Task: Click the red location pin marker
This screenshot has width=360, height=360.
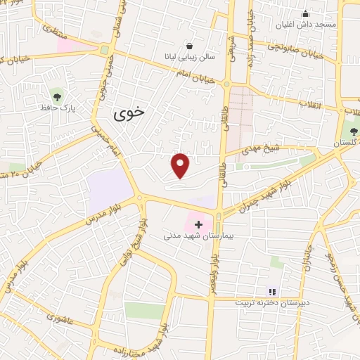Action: (x=181, y=166)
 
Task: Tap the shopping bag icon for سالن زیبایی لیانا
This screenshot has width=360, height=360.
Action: (x=189, y=44)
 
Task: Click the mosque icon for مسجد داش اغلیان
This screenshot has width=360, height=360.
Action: (x=305, y=13)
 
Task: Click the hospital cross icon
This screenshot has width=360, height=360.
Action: (x=198, y=225)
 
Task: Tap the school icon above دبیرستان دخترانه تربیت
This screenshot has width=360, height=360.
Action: (x=272, y=291)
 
